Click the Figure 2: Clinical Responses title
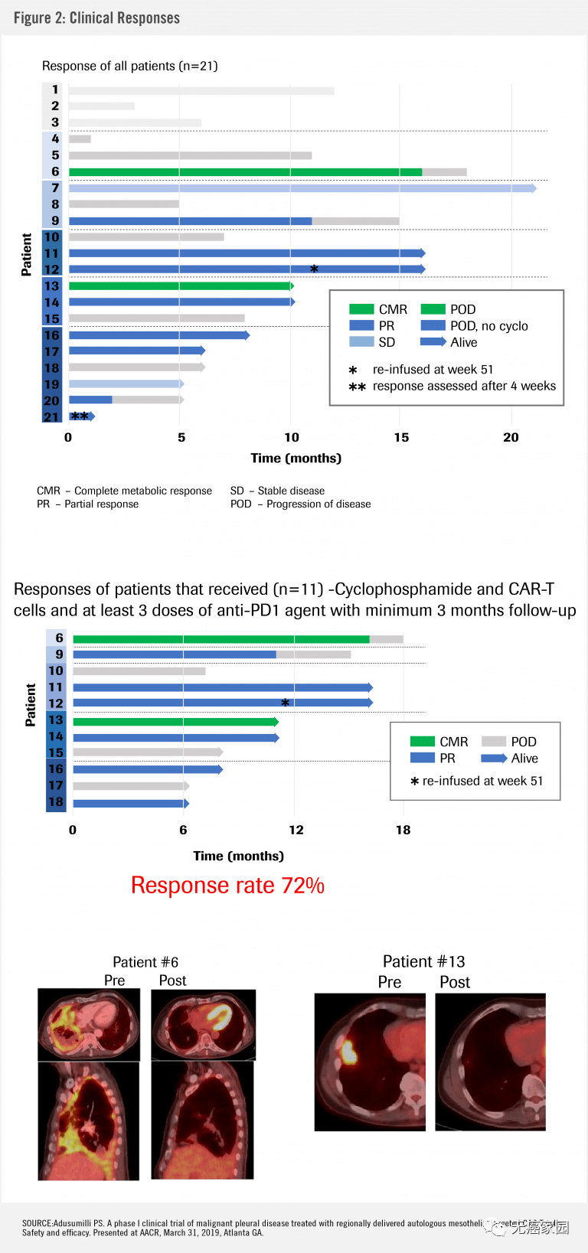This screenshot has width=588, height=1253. click(96, 18)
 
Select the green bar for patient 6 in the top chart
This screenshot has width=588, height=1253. click(245, 172)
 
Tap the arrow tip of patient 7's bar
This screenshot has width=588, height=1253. click(534, 188)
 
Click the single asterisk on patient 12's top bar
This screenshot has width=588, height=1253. click(314, 269)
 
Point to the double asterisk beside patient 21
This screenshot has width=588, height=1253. click(80, 416)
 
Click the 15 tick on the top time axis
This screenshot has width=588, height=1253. click(401, 438)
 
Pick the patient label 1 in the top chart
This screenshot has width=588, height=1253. click(55, 90)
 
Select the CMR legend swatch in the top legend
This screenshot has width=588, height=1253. click(361, 309)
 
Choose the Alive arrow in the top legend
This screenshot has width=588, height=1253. click(433, 342)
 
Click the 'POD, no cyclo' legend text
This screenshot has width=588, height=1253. click(488, 326)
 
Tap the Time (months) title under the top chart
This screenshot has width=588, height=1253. click(296, 458)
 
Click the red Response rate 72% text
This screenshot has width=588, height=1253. click(227, 886)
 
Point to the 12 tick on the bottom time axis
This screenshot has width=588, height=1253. click(296, 830)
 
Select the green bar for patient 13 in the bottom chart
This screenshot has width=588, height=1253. click(175, 722)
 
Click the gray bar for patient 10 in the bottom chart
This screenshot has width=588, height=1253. click(139, 671)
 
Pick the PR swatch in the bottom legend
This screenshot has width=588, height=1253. click(423, 758)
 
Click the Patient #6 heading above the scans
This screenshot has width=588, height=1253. click(145, 962)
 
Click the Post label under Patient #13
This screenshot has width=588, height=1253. click(455, 983)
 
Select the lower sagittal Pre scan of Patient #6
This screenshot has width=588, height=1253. click(89, 1121)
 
